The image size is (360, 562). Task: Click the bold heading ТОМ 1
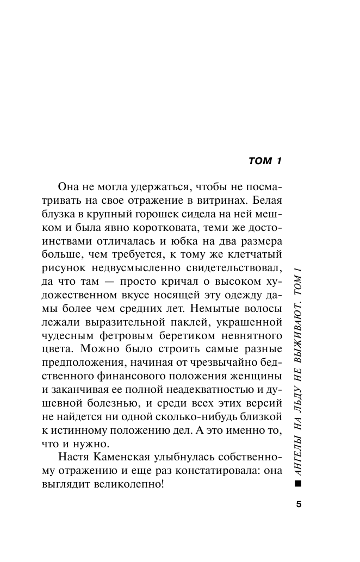point(265,161)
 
